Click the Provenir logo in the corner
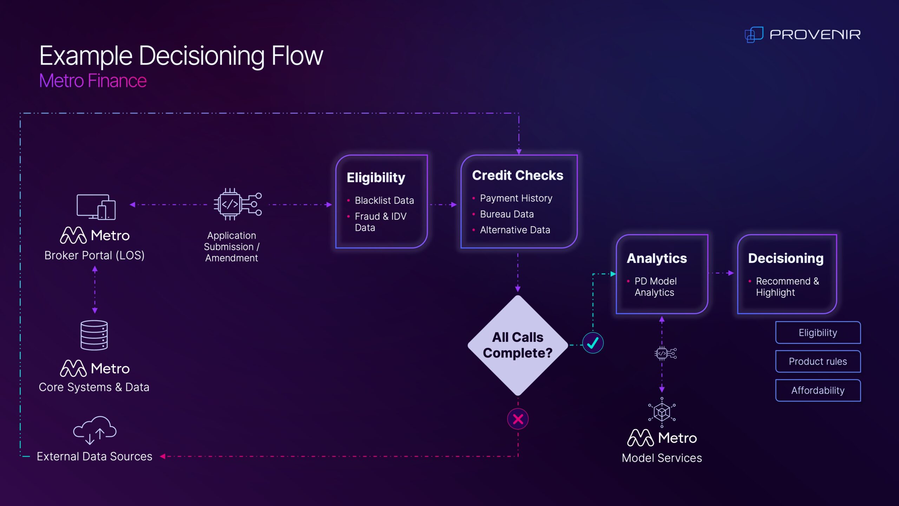click(802, 34)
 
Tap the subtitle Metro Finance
click(93, 81)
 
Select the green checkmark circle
click(593, 343)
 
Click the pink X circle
click(518, 419)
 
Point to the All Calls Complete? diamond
click(518, 345)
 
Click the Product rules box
click(818, 361)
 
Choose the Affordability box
click(818, 390)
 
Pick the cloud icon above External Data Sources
click(95, 429)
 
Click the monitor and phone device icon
click(96, 207)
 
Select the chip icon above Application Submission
click(237, 204)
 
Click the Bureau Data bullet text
click(507, 214)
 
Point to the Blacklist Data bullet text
click(384, 200)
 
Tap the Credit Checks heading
click(518, 175)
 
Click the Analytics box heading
click(657, 258)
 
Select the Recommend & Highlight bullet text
click(787, 287)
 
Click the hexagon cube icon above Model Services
click(662, 412)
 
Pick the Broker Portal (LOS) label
click(94, 255)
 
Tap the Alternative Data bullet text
click(515, 230)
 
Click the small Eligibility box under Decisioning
click(818, 332)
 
